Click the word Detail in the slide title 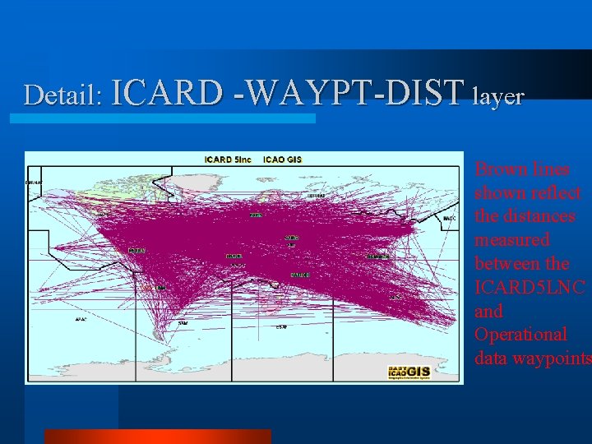click(62, 95)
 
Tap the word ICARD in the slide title click(167, 94)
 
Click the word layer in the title click(498, 96)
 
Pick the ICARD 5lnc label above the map click(228, 159)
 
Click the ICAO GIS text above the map click(282, 159)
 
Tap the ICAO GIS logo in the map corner click(409, 372)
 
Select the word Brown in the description click(499, 169)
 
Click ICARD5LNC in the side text click(530, 288)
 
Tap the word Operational click(520, 335)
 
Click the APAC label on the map click(81, 319)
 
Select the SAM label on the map click(183, 323)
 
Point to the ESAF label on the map click(281, 327)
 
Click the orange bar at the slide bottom click(157, 437)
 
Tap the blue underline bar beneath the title click(162, 118)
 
